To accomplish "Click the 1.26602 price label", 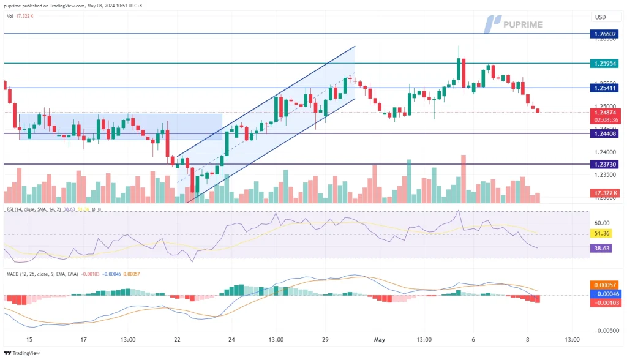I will [x=604, y=34].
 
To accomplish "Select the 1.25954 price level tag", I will [x=604, y=63].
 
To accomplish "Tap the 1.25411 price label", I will [x=604, y=88].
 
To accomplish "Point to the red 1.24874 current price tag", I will [x=604, y=113].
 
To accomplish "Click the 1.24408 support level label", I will [x=604, y=133].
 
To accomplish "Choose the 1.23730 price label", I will [x=604, y=164].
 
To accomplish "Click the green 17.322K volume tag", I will [x=604, y=193].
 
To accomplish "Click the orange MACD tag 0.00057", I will [x=604, y=285].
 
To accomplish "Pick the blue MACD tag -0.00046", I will [x=604, y=293].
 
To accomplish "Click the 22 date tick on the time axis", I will [x=177, y=340].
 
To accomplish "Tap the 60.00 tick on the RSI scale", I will [x=602, y=223].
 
